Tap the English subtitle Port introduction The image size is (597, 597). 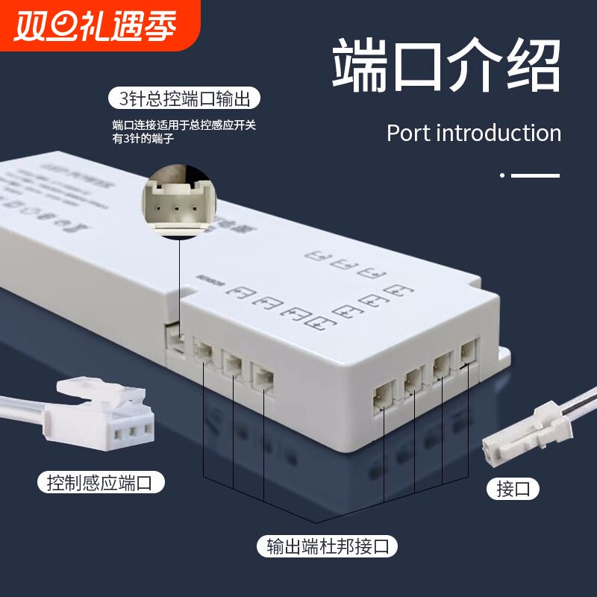pyautogui.click(x=474, y=134)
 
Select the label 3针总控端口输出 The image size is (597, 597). pyautogui.click(x=185, y=99)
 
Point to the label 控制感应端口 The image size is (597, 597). pyautogui.click(x=100, y=483)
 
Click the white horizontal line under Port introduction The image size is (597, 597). pyautogui.click(x=535, y=175)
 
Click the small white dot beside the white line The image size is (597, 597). pyautogui.click(x=502, y=175)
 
